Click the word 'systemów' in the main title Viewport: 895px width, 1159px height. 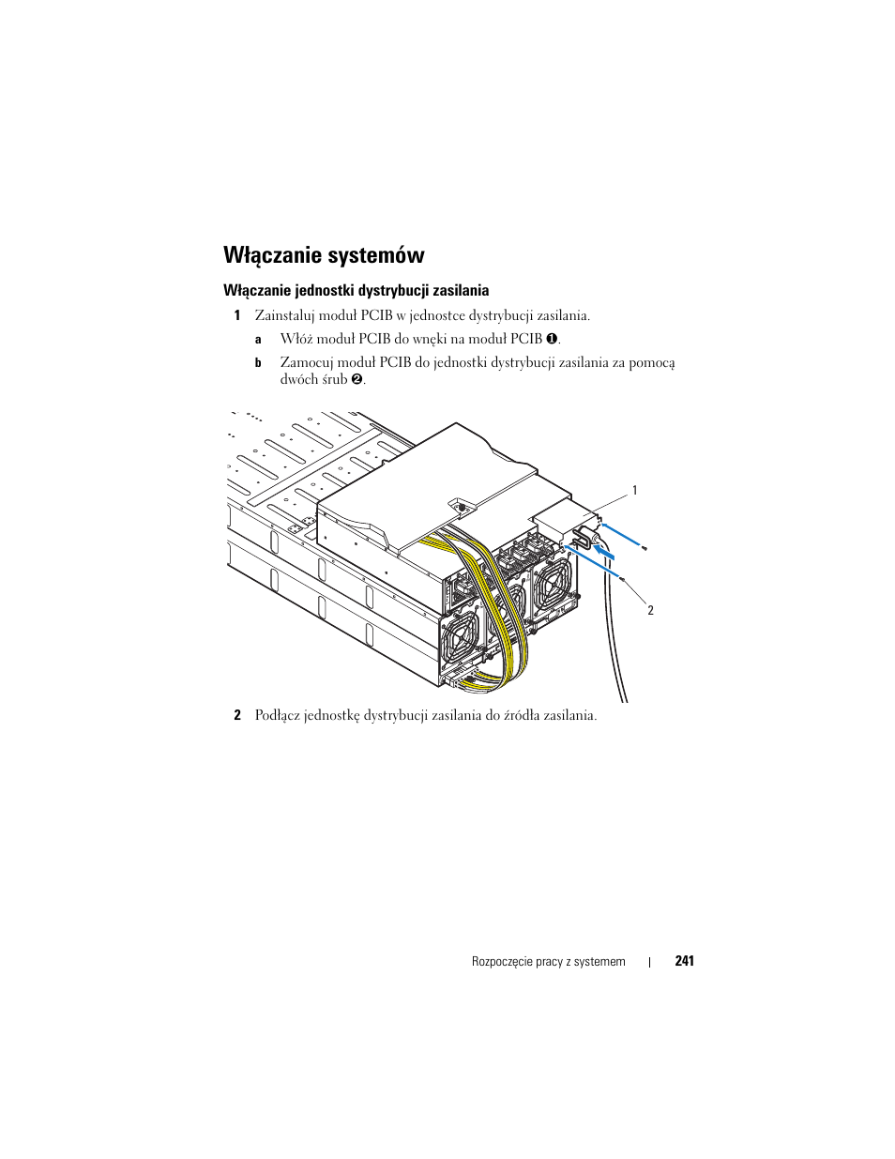tap(377, 255)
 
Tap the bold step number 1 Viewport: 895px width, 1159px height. tap(237, 316)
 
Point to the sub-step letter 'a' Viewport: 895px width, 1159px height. tap(258, 340)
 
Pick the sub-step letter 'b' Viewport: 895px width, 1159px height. tap(258, 363)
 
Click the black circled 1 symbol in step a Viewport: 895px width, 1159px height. tap(552, 339)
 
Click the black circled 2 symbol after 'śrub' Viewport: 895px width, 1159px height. tap(356, 380)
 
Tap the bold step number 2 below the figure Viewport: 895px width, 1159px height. tap(237, 716)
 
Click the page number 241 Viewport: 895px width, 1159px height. tap(684, 961)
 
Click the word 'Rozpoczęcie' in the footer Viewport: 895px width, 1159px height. tap(502, 962)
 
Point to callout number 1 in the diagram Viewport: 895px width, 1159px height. tap(635, 491)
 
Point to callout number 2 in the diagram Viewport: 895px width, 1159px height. tap(650, 611)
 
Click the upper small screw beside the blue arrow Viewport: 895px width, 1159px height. tap(645, 546)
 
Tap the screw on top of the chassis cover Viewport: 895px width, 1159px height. tap(461, 507)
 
